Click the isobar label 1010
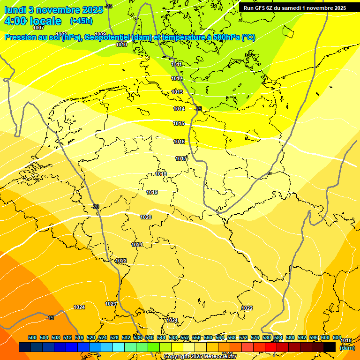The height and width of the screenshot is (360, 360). (121, 45)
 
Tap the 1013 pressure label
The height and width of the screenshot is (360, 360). (177, 92)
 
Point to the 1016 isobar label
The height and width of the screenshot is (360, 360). (179, 142)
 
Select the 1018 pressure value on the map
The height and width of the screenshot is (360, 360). (161, 174)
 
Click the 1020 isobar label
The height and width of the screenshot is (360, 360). (146, 217)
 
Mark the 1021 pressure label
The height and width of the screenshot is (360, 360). (137, 245)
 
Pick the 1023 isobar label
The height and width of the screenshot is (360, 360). (111, 304)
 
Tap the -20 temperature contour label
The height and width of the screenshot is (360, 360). (95, 207)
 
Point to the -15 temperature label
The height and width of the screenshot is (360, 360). (50, 318)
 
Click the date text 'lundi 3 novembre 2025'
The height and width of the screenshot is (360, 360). (53, 10)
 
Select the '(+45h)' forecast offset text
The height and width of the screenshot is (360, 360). (81, 21)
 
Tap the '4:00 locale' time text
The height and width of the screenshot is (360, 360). (33, 21)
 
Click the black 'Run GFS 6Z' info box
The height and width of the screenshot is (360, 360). (295, 7)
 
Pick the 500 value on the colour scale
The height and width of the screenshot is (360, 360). (32, 337)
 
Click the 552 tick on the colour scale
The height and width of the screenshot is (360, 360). (185, 337)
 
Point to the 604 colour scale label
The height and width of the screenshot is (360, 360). (337, 337)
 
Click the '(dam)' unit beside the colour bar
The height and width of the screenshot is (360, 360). (347, 348)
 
